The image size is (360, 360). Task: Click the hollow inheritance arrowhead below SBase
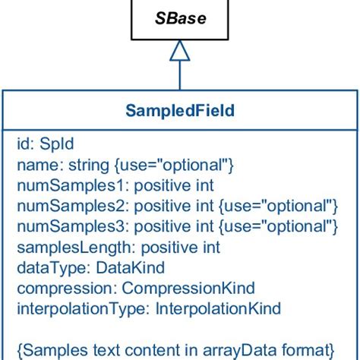[x=179, y=51]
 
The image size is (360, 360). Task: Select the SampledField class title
[x=179, y=111]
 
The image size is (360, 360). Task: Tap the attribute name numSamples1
[x=62, y=185]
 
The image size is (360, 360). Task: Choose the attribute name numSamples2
[x=62, y=206]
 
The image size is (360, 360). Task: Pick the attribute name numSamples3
[x=62, y=226]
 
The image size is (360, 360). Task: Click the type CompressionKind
[x=188, y=289]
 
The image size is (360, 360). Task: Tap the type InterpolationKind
[x=218, y=309]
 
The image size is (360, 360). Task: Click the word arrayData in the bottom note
[x=242, y=350]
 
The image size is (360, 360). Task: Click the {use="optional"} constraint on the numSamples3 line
[x=279, y=226]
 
